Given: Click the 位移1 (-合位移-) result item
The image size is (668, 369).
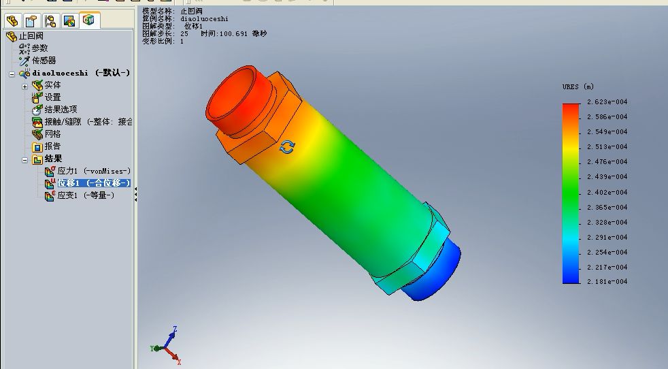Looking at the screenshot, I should [x=93, y=183].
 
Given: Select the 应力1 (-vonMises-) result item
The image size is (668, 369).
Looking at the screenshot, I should [x=94, y=171].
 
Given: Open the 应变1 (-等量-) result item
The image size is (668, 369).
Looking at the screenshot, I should [x=85, y=195].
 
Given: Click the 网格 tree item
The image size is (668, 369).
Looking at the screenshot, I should [x=52, y=134].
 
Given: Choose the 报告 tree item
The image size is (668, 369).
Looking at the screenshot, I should [x=52, y=146].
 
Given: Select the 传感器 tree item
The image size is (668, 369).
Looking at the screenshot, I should [x=44, y=61].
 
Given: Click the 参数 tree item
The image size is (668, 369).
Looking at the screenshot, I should [x=39, y=48].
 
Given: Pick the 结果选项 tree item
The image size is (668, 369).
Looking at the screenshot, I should [x=61, y=110].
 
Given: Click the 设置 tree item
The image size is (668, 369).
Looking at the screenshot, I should [x=52, y=97].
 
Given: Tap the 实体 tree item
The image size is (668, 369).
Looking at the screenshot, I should [x=52, y=85].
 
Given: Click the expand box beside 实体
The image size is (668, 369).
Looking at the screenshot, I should [x=25, y=86].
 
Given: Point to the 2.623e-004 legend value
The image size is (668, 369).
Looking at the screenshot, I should [x=607, y=102].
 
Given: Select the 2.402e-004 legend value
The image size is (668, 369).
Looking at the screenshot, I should [x=607, y=192].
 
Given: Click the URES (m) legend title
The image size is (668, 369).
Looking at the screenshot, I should [x=578, y=87].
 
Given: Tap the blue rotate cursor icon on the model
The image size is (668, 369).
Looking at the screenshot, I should [x=288, y=147].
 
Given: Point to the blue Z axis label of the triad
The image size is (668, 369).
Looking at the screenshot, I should [x=175, y=330].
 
